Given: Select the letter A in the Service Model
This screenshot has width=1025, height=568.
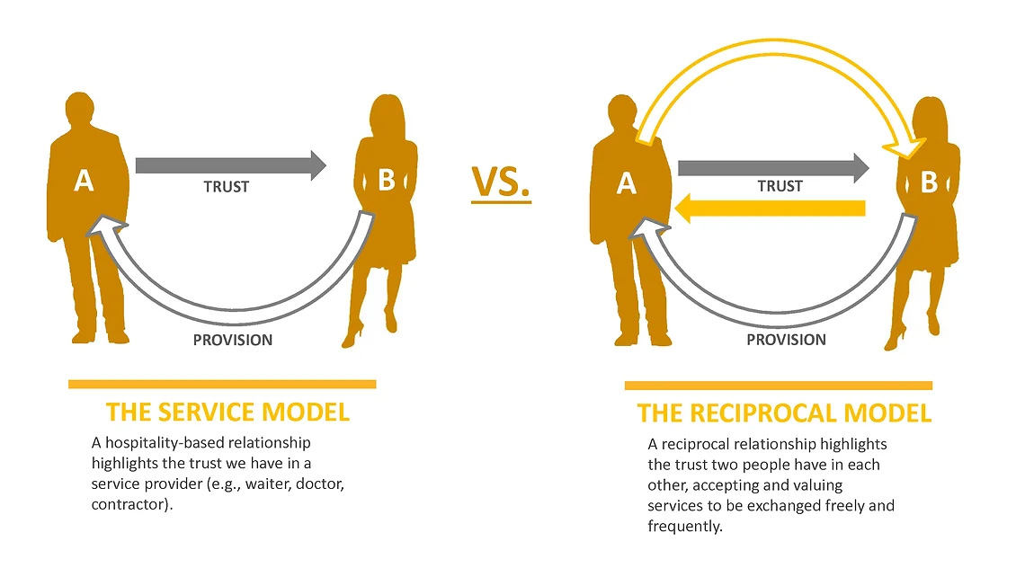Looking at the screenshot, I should pos(84,182).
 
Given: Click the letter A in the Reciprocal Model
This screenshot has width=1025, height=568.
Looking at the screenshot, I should pos(627,183).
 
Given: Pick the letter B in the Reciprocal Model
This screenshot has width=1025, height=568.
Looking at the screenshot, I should pos(929,182).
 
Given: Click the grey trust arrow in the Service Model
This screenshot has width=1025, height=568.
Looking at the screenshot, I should pos(230,165).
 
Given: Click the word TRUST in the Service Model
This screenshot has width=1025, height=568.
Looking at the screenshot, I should pos(227,187).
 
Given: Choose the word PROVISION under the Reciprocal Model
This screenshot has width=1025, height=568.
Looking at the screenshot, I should pos(786,340).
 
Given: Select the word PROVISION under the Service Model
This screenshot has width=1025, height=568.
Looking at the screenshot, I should pos(233,340).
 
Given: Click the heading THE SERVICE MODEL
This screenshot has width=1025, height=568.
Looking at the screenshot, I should pos(227,413).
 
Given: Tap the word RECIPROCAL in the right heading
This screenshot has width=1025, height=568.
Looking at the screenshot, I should pos(772,413).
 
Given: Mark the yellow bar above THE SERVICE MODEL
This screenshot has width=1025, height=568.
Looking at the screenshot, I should pos(222,384).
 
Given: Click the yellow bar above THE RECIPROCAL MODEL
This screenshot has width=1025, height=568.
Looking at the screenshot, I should pos(779,386).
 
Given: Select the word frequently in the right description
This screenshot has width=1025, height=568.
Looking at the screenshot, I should pos(684,527).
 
